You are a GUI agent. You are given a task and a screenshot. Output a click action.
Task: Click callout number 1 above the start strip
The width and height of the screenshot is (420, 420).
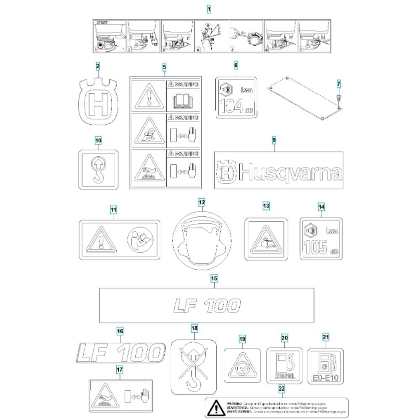pos(210,8)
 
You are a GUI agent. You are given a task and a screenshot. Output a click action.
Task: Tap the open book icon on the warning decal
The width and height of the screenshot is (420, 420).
pos(183,100)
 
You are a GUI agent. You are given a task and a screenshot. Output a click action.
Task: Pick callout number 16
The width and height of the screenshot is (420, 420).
pos(120,332)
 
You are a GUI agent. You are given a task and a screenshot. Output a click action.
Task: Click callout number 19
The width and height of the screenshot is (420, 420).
pos(242,339)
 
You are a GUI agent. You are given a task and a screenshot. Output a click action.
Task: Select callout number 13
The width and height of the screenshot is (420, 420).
pos(266,206)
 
